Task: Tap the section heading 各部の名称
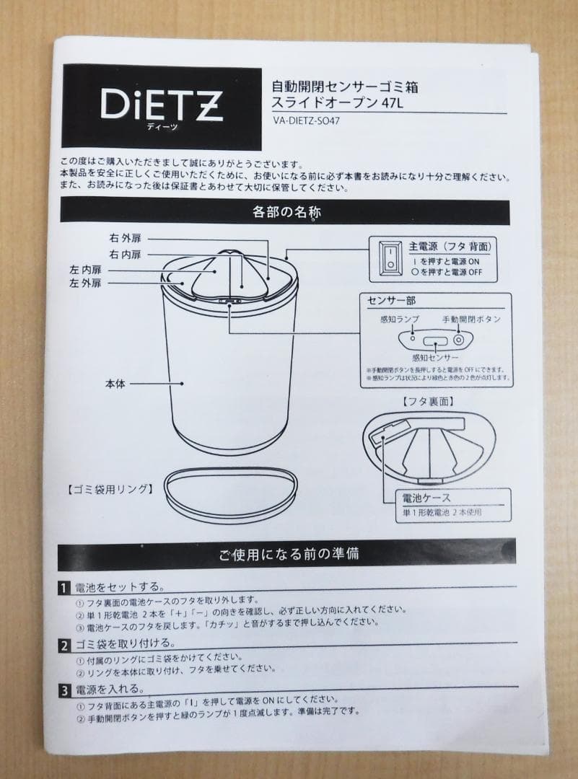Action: pos(286,212)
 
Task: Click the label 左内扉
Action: pos(84,270)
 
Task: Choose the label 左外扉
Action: pos(84,284)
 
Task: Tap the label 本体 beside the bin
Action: pos(115,384)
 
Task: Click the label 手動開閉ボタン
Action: pos(471,319)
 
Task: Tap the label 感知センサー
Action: pos(434,357)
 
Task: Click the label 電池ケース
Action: pos(426,498)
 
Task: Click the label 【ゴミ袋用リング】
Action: pos(110,489)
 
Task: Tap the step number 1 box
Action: pos(64,588)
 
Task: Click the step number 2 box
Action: pos(64,644)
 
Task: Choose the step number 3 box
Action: pos(64,690)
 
